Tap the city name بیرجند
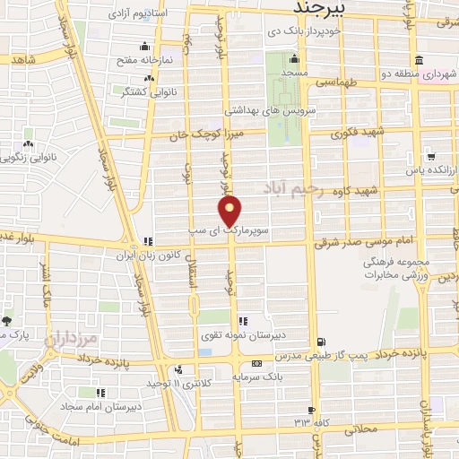coord(328,7)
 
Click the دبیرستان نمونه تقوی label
coord(279,335)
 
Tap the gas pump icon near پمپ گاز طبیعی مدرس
coord(322,342)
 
